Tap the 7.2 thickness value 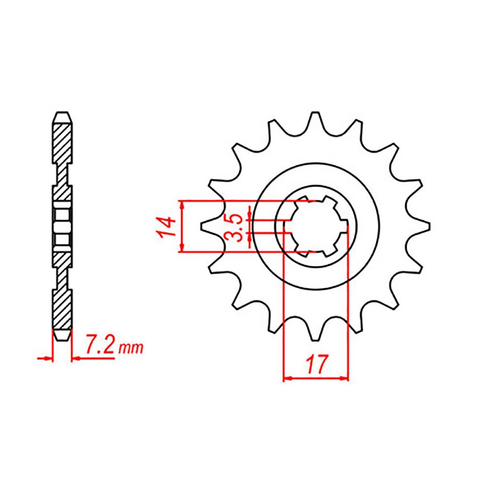pyautogui.click(x=99, y=346)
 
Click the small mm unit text pyautogui.click(x=130, y=348)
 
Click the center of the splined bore pyautogui.click(x=316, y=226)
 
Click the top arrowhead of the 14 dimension pyautogui.click(x=182, y=204)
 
